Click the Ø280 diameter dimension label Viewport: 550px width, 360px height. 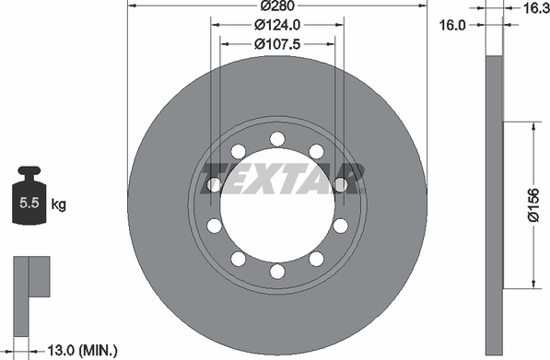click(278, 6)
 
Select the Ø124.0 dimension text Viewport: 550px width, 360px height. click(277, 25)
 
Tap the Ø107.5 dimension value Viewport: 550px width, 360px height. click(277, 44)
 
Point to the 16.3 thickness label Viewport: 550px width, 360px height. click(536, 7)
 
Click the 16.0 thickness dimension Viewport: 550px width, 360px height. click(452, 25)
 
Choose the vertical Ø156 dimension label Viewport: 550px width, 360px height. click(533, 205)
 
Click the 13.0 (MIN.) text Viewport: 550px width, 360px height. click(82, 351)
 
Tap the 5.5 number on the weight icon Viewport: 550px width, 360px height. click(29, 203)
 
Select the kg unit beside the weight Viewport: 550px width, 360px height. click(58, 204)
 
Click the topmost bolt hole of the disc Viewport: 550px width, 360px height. click(277, 139)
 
